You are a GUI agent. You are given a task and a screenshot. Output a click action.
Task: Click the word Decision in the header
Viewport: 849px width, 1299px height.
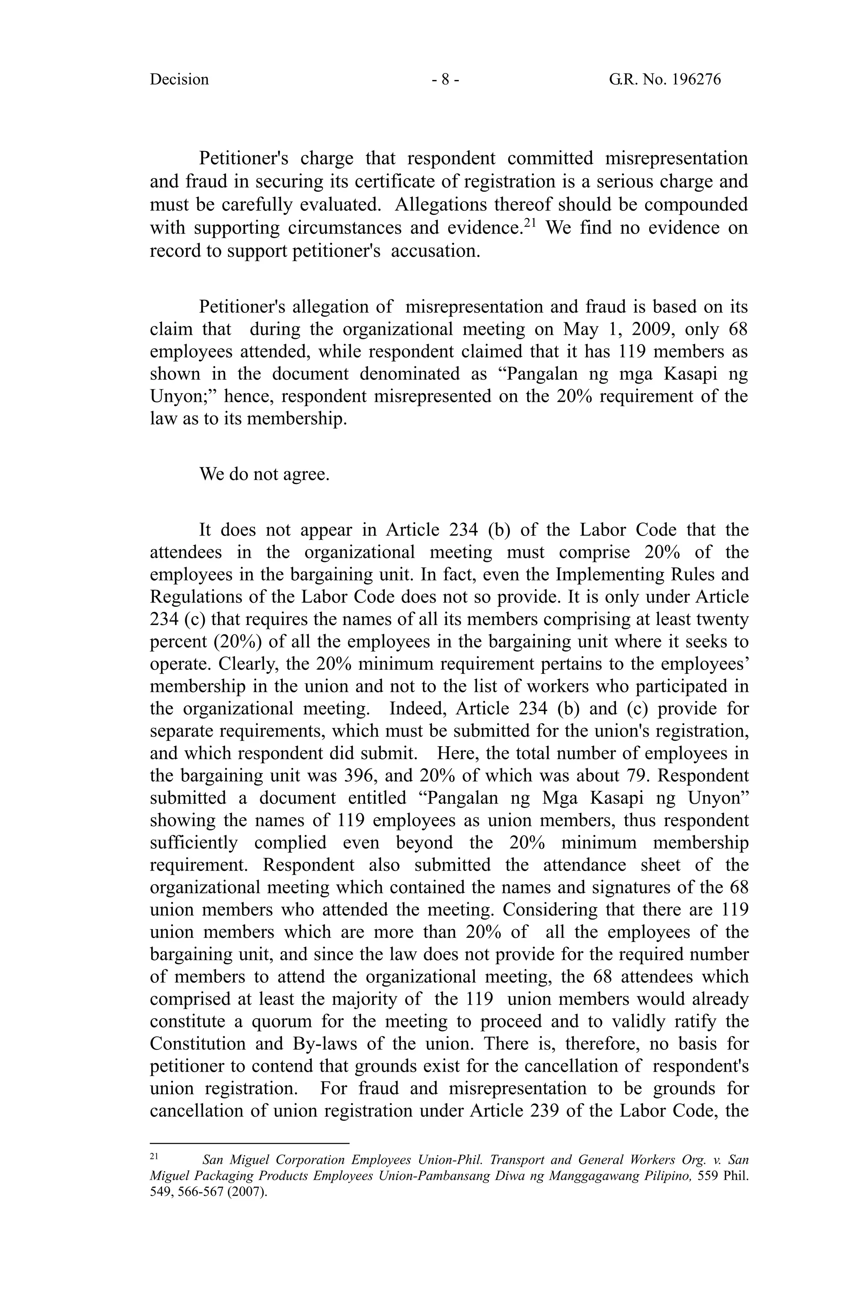(x=179, y=80)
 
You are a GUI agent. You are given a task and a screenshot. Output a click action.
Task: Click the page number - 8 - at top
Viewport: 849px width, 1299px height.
(x=445, y=80)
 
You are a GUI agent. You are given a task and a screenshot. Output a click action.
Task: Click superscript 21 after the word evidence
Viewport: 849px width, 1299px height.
(x=529, y=222)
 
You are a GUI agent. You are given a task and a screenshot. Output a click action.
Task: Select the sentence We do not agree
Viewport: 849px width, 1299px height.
(x=264, y=474)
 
